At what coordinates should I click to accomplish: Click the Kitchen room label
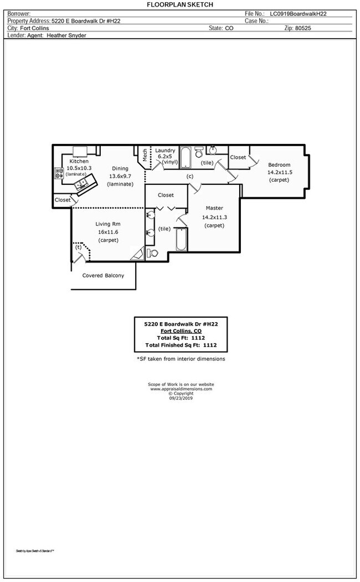tap(79, 161)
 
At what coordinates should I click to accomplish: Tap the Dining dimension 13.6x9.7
tap(120, 176)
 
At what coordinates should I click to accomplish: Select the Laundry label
tap(165, 151)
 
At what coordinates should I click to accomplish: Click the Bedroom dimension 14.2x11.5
tap(279, 172)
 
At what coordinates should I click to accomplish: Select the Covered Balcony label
tap(103, 276)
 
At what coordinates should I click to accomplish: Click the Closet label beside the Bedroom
tap(238, 157)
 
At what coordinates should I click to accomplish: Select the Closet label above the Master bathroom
tap(166, 195)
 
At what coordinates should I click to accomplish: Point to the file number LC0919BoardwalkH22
tap(302, 13)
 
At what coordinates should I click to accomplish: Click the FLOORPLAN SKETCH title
tap(180, 4)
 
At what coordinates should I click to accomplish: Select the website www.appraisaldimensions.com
tap(181, 389)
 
